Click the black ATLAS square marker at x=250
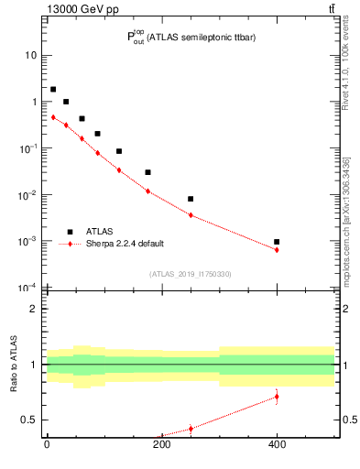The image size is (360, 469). coord(191,199)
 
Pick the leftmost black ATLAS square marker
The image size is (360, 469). coord(53,90)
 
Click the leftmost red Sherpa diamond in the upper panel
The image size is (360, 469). coord(53,117)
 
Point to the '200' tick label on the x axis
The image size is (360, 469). coord(162,445)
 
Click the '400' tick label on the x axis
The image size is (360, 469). coord(277,445)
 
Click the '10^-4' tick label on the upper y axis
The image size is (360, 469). coord(29,288)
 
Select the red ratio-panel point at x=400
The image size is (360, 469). coord(277,397)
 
